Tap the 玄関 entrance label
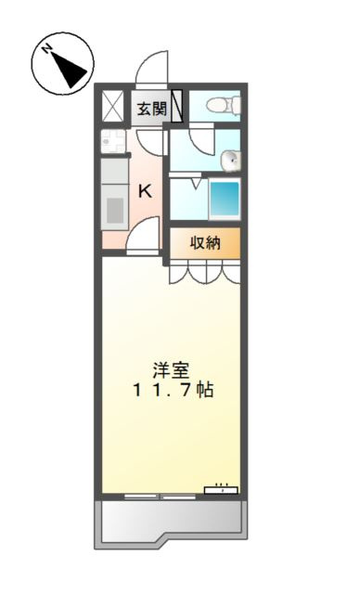click(x=151, y=109)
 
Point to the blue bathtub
click(x=224, y=199)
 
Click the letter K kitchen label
click(x=146, y=191)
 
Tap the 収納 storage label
click(x=205, y=243)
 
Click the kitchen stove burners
click(x=113, y=142)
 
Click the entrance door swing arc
click(x=149, y=72)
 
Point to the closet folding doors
click(x=205, y=271)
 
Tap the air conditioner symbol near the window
click(x=221, y=489)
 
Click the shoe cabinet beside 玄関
click(x=176, y=107)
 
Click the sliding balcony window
click(x=158, y=495)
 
